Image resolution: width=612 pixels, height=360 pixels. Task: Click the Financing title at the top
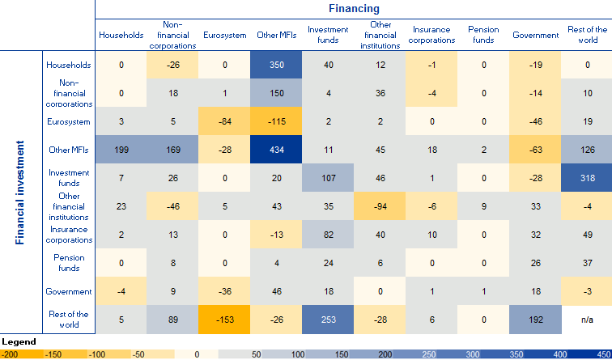point(354,9)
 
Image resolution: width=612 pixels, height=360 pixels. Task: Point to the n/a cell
point(587,319)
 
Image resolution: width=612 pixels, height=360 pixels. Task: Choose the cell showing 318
point(587,178)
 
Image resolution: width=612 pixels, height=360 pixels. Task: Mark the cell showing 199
point(121,150)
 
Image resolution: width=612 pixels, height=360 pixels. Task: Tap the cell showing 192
point(536,319)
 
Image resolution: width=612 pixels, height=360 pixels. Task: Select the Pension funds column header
point(483,35)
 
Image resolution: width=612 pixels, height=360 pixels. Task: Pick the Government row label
point(70,291)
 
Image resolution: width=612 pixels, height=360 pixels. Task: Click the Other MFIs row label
point(70,150)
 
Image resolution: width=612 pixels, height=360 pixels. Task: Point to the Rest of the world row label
point(70,319)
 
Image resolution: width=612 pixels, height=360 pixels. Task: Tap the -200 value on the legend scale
point(11,354)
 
